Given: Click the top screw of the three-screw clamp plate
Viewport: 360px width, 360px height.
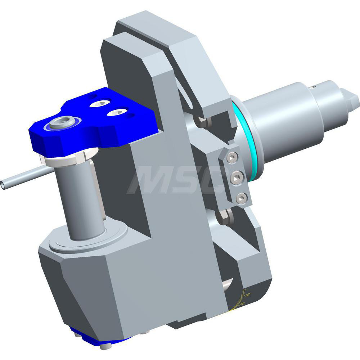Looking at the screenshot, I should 233,156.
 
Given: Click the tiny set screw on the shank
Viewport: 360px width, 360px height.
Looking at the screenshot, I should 314,87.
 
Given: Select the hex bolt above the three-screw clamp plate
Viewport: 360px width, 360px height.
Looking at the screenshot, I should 202,122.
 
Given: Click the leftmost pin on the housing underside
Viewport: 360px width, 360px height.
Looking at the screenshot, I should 79,336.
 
